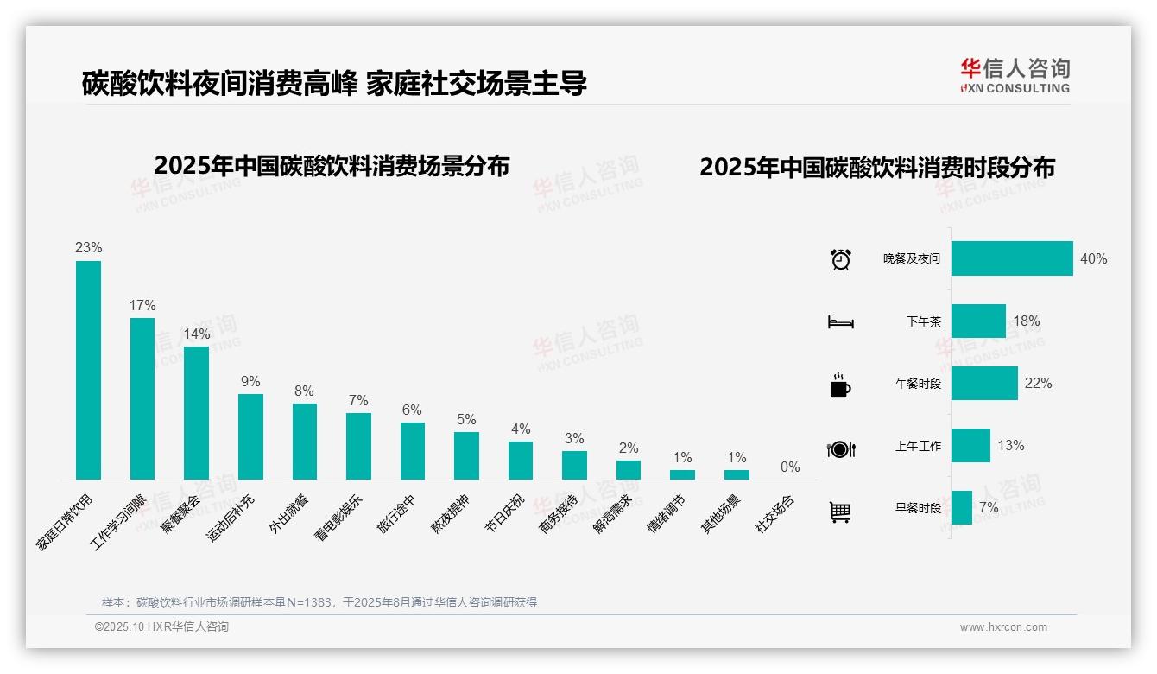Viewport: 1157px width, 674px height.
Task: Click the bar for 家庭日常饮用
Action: point(88,370)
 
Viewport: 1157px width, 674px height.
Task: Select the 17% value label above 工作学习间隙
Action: point(142,306)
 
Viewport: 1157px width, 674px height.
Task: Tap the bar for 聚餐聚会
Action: point(196,412)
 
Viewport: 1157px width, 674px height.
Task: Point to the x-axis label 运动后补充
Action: point(231,518)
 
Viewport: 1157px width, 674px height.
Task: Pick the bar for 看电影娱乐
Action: point(358,446)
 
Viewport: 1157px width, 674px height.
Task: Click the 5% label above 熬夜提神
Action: point(466,420)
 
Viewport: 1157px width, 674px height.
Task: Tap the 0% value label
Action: point(790,467)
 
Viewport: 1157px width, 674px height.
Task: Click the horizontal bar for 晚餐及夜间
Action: point(1012,258)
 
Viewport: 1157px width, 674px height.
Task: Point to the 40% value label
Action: point(1093,259)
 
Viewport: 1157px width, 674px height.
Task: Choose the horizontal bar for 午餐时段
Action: point(984,384)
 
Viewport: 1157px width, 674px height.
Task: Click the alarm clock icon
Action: point(841,259)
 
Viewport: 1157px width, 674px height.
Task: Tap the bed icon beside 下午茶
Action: point(841,322)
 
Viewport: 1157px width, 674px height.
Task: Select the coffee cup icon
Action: point(840,385)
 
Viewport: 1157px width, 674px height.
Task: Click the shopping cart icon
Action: point(840,512)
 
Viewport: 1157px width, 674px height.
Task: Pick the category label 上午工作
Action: point(918,447)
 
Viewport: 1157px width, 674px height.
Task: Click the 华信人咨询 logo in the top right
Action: point(1015,75)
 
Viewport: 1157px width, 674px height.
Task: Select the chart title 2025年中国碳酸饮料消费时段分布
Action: point(877,168)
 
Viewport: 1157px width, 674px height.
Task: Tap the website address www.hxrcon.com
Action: point(1003,627)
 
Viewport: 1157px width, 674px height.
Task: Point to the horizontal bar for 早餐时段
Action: point(962,508)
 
